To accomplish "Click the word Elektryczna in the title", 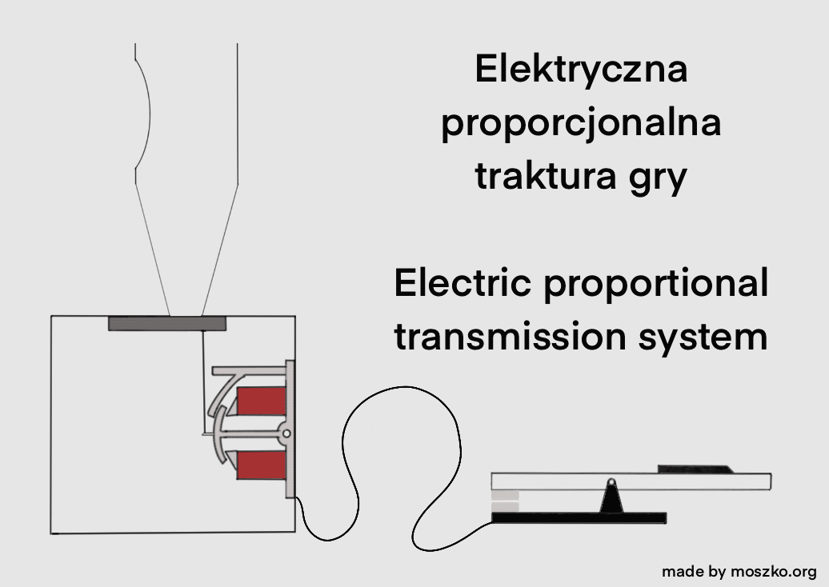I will (x=581, y=70).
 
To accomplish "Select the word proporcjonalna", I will (x=581, y=124).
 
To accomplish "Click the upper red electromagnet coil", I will (x=262, y=401).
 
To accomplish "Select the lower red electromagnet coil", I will (x=262, y=465).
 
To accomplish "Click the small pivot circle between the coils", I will (x=286, y=433).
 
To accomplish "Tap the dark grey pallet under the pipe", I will (x=167, y=323).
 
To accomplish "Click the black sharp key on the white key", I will (x=693, y=469).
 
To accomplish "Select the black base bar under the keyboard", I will (x=579, y=518).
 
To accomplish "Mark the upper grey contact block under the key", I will (x=505, y=496).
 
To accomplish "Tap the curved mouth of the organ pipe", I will (x=142, y=112).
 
